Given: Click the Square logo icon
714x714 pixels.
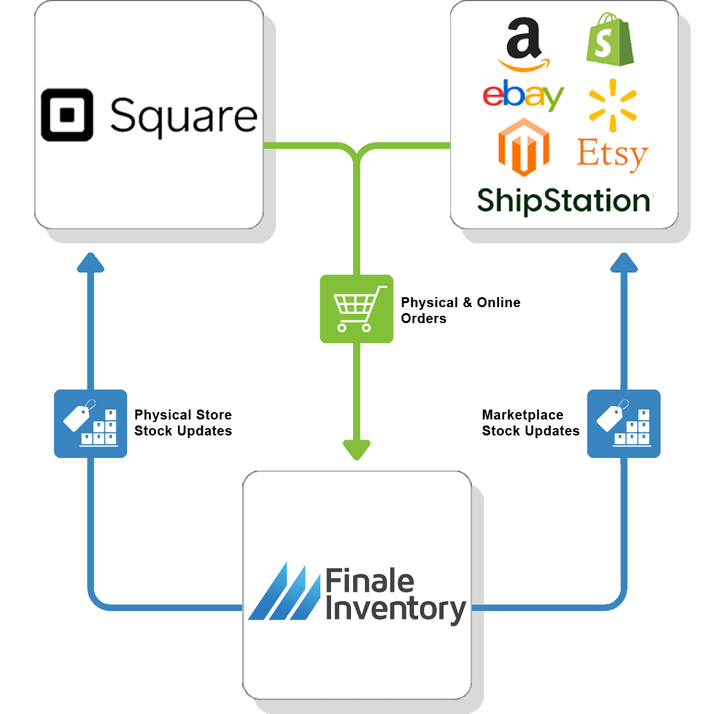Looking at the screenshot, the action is (67, 115).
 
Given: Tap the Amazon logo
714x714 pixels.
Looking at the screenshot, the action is (524, 45).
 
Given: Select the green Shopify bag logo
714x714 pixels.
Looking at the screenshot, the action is (610, 39).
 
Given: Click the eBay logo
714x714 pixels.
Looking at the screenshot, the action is (523, 95).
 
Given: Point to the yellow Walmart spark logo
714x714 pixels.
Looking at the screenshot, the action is (612, 105).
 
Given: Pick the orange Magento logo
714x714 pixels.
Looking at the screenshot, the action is (524, 147).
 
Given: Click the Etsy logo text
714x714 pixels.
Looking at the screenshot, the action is (612, 154).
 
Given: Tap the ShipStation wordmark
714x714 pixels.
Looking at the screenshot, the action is (564, 200).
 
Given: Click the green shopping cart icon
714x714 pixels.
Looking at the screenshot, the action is (356, 308).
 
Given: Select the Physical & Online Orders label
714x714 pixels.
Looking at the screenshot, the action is (460, 310).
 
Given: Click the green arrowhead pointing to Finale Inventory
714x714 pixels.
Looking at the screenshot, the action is (356, 450).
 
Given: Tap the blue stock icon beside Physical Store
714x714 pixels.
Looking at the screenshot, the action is (90, 423).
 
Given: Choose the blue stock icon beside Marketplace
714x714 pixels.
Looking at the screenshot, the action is (624, 423).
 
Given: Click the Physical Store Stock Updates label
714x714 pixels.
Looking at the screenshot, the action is (183, 423).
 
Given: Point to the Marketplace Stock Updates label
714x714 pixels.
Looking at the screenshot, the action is (531, 423).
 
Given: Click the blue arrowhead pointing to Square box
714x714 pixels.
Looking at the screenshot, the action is (90, 263).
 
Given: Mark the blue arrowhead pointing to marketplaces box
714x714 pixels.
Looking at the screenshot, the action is (624, 263).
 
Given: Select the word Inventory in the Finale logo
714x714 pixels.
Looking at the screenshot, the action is (396, 609).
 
